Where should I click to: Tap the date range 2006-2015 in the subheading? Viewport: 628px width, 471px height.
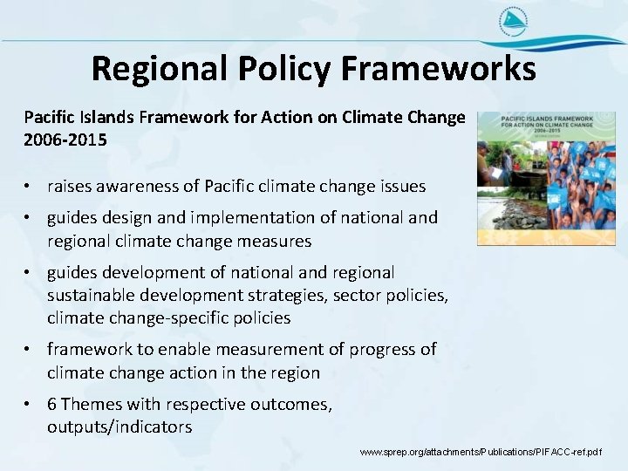[65, 139]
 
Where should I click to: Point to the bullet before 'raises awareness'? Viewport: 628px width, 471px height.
[30, 187]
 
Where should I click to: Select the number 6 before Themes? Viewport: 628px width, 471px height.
[52, 405]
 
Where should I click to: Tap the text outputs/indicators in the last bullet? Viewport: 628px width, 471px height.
[119, 427]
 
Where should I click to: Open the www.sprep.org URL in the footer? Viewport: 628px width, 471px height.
[481, 453]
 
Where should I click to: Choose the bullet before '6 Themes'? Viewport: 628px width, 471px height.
[30, 405]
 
